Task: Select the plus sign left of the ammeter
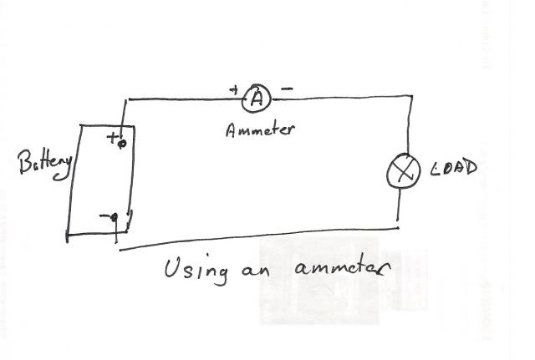pos(233,89)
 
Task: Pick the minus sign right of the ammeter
pos(287,88)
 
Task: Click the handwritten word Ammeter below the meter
pos(261,131)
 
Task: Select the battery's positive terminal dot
pos(122,144)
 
